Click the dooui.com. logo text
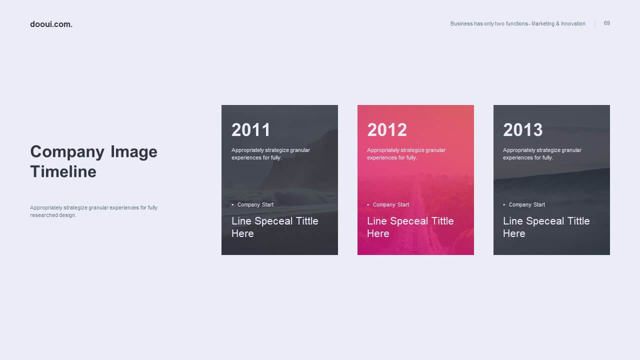tap(51, 24)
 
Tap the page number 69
tap(607, 23)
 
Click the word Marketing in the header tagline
tap(543, 23)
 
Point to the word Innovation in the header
tap(573, 23)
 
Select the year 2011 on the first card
tap(250, 129)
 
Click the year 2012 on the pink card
tap(387, 129)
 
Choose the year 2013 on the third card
tap(523, 129)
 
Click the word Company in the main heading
tap(67, 152)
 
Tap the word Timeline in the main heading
tap(63, 171)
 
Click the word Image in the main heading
tap(133, 151)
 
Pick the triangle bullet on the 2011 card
tap(233, 204)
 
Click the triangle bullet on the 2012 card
tap(368, 204)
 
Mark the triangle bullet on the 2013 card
tap(504, 204)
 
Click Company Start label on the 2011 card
tap(255, 205)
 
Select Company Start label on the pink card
tap(391, 205)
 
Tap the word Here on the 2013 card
tap(514, 233)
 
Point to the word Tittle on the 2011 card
tap(307, 221)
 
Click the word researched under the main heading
tap(44, 215)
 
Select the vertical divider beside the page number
tap(595, 23)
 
